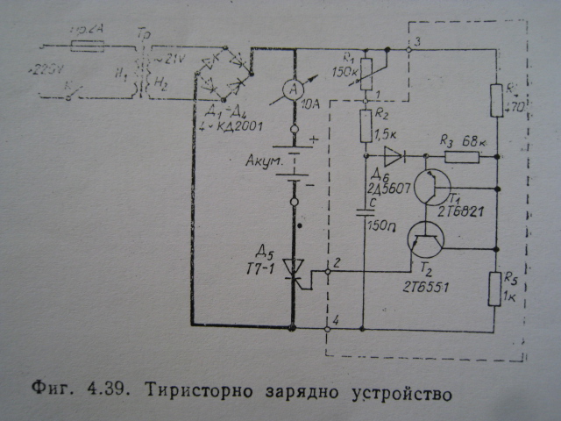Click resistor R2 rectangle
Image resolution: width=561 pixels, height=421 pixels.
(366, 128)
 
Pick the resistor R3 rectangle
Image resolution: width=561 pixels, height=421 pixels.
(460, 158)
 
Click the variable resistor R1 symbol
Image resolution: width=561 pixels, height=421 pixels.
(367, 67)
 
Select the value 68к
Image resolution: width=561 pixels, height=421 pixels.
(474, 140)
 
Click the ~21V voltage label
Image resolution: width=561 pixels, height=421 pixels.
(169, 58)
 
